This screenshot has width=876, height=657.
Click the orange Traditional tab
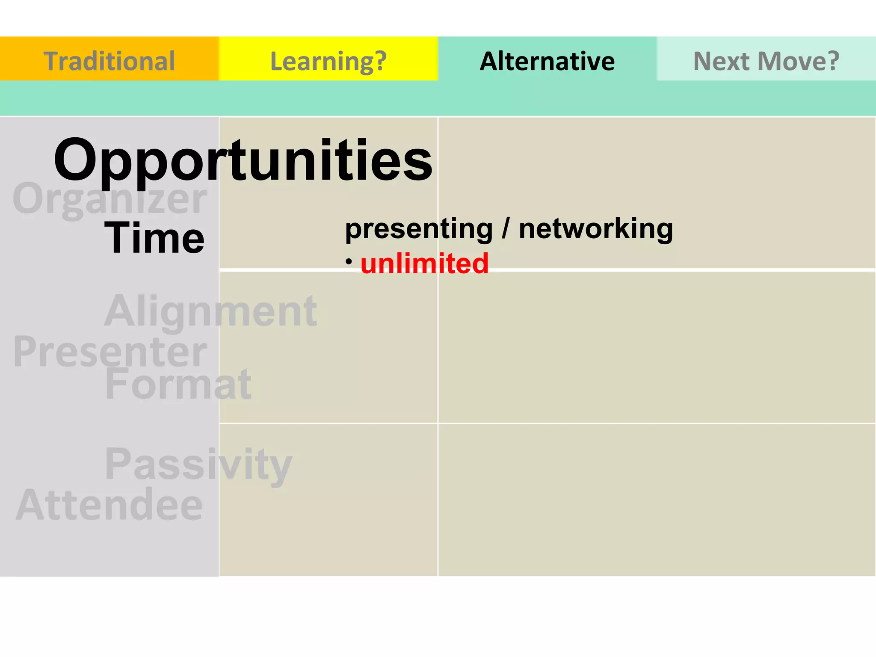109,60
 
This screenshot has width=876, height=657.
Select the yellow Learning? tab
328,60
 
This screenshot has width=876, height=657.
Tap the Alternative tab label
547,61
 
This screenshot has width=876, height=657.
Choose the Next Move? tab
766,61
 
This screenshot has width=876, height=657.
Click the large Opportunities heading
243,160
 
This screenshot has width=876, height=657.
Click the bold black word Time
154,238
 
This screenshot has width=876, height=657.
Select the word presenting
419,229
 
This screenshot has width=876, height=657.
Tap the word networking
596,229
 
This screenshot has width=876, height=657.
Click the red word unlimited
424,263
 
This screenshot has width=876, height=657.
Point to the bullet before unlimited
349,260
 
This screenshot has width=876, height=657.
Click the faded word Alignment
211,311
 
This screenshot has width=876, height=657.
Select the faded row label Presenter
110,352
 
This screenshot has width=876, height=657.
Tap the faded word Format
178,384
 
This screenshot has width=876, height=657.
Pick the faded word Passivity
198,464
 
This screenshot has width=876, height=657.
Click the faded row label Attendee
109,505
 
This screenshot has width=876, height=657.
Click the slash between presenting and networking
506,229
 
